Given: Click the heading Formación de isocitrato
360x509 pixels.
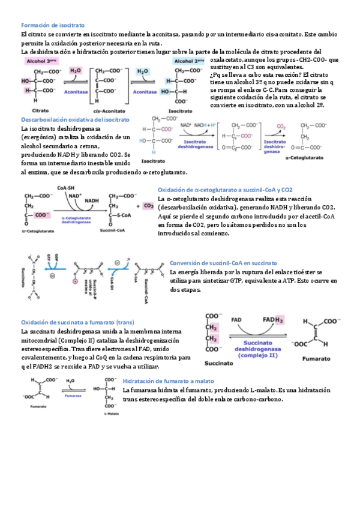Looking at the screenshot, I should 53,25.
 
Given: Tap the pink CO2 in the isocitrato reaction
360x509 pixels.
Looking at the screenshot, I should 280,127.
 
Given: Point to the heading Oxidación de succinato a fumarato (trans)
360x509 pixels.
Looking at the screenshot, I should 77,322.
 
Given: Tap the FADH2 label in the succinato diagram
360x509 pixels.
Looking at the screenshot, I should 272,319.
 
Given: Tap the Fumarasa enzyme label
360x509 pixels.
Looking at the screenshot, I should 73,397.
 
